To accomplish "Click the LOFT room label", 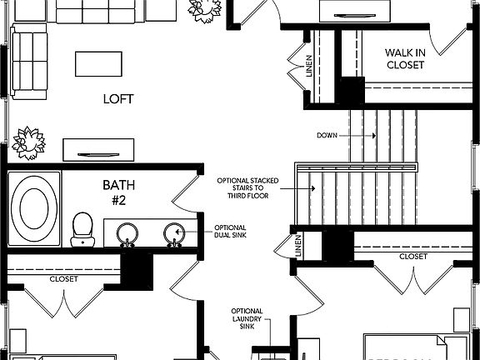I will pyautogui.click(x=118, y=99).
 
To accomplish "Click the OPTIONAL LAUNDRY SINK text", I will pyautogui.click(x=247, y=319).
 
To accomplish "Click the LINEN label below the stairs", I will pyautogui.click(x=298, y=247).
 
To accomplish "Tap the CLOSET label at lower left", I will pyautogui.click(x=63, y=279).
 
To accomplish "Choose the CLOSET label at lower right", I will pyautogui.click(x=412, y=257).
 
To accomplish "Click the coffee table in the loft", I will pyautogui.click(x=98, y=63).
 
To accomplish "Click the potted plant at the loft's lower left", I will pyautogui.click(x=28, y=143).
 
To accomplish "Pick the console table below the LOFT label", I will pyautogui.click(x=99, y=150).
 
